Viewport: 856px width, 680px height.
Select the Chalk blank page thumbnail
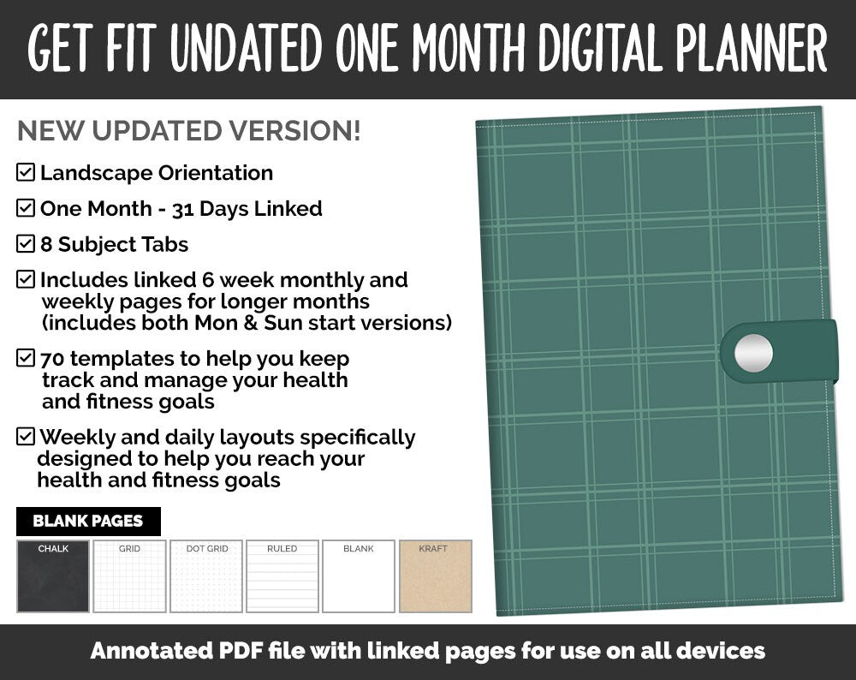(53, 576)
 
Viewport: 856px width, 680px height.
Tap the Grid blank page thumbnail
(129, 576)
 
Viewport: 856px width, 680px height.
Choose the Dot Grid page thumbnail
(206, 576)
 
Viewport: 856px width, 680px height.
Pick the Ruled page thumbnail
(282, 576)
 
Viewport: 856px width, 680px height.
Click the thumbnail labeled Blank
(359, 576)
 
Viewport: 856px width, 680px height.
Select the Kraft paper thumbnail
(436, 576)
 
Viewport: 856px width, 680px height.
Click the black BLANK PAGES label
(88, 521)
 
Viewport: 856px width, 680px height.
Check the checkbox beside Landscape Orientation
(26, 172)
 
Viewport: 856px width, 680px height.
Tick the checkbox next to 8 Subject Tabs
(26, 244)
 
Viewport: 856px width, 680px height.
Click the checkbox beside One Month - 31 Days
(26, 208)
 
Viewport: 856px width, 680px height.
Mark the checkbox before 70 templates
(26, 358)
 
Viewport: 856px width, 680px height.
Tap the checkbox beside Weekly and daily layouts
(26, 437)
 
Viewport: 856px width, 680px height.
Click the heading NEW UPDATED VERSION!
(189, 131)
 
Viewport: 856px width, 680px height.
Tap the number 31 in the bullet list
(182, 209)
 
